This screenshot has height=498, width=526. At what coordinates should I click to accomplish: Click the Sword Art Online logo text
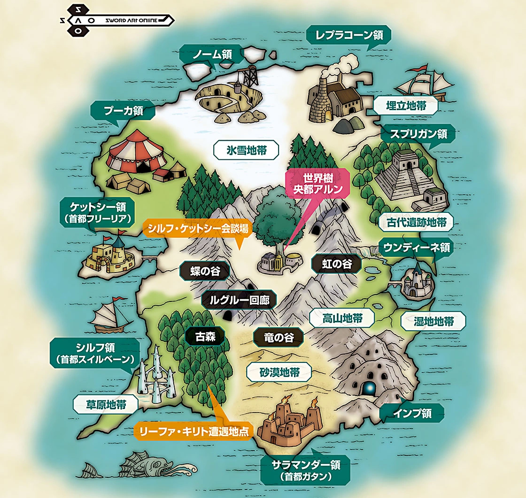tap(134, 20)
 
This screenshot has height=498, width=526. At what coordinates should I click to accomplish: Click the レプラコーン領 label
tap(348, 35)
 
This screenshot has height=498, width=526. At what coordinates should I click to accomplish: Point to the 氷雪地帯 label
tap(246, 151)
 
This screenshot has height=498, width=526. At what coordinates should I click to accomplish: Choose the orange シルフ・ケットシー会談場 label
tap(198, 228)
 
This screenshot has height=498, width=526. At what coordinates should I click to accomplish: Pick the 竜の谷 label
tap(278, 337)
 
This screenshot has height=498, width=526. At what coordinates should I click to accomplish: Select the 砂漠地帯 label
tap(279, 373)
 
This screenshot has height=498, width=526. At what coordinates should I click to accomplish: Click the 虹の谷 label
tap(336, 264)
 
